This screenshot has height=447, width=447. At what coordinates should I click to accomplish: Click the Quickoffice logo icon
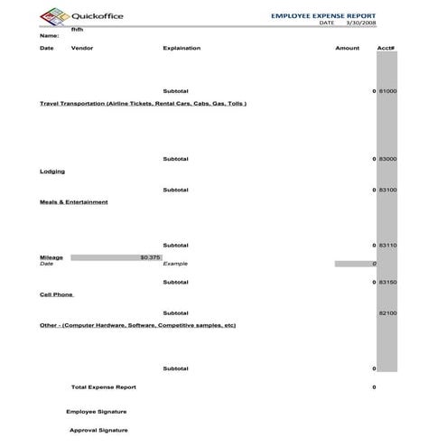51,15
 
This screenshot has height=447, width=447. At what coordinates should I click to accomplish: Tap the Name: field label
49,35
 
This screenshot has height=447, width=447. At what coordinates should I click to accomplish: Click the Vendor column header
81,48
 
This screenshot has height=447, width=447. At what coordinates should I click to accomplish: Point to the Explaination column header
182,48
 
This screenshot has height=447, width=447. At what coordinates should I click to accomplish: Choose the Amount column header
347,48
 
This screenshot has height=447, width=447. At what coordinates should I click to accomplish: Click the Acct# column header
386,48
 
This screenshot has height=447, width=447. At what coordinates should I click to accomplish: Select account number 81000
387,92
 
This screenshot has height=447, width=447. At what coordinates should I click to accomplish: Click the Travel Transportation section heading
143,103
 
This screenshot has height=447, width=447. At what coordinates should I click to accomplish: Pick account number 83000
387,159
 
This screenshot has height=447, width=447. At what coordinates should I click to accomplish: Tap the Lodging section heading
52,171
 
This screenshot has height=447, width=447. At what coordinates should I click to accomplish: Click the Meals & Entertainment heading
73,201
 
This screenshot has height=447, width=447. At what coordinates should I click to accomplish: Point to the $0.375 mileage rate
150,257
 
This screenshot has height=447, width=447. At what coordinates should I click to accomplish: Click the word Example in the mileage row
175,264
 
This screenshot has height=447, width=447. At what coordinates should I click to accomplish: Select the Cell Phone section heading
56,294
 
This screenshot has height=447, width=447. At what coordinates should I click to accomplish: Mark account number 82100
387,312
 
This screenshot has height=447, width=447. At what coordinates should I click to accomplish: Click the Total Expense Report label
103,386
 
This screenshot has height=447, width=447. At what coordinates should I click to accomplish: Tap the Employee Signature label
96,411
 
